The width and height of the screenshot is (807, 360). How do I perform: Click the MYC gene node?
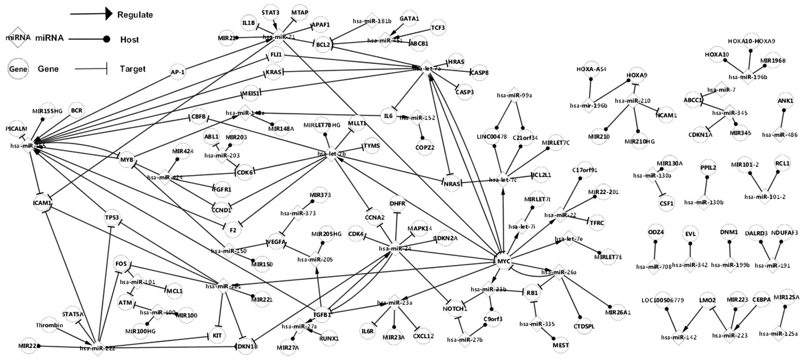point(503,261)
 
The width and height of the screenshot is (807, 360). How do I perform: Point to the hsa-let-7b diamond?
point(332,153)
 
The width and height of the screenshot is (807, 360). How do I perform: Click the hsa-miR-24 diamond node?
point(395,249)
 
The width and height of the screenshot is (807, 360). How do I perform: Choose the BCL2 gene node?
point(323,45)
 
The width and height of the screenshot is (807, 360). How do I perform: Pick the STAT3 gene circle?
point(270,13)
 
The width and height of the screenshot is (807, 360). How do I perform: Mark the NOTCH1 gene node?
point(455,309)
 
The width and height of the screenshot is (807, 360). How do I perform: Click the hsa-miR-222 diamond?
point(97,348)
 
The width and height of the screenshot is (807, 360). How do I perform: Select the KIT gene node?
point(217,336)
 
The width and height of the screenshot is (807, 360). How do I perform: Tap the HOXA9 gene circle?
point(637,75)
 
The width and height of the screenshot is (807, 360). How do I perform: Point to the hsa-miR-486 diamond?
point(779,135)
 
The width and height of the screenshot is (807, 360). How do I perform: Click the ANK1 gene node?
point(785,101)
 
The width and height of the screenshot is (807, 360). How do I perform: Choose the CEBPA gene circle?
point(761,299)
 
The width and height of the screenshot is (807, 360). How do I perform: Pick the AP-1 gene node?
point(177,72)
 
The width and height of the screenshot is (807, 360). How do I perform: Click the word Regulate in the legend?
point(135,15)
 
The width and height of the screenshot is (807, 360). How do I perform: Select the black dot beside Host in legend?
point(107,39)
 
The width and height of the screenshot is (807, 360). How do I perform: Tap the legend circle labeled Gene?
point(18,69)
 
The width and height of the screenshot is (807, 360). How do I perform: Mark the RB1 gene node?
point(532,293)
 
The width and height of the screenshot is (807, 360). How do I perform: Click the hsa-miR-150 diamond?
point(229,251)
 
